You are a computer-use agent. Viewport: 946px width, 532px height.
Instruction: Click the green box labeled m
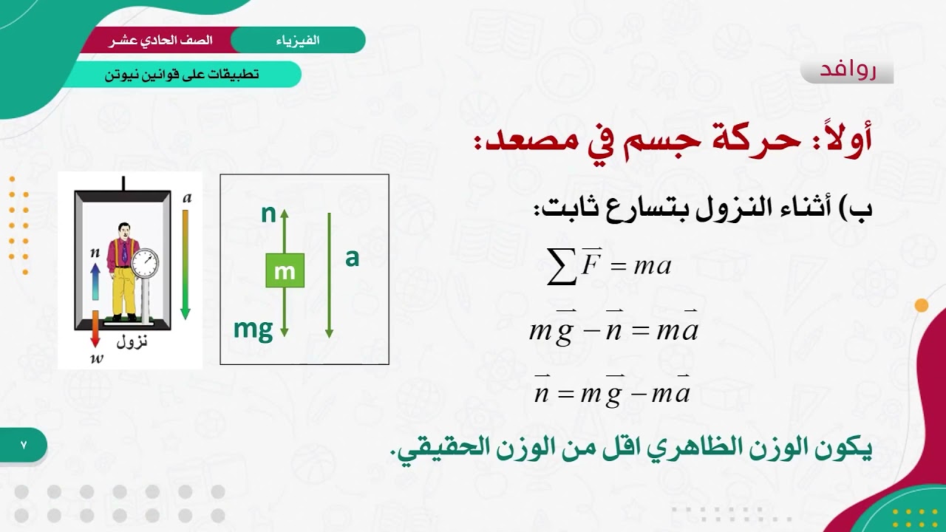tap(285, 270)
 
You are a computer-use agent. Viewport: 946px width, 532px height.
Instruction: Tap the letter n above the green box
tap(268, 214)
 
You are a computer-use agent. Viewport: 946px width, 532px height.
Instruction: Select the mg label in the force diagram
tap(253, 328)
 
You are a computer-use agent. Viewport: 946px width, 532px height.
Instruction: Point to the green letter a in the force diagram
tap(352, 258)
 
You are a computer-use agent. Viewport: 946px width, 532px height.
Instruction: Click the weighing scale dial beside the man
tap(145, 262)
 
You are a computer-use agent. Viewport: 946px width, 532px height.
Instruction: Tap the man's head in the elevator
tap(123, 231)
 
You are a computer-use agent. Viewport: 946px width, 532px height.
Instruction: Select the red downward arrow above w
tap(95, 328)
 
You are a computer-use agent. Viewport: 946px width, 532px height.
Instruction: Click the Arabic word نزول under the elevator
tap(132, 341)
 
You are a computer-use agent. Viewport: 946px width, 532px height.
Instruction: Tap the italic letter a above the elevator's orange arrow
tap(186, 197)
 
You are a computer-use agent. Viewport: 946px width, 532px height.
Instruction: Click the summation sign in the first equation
tap(562, 267)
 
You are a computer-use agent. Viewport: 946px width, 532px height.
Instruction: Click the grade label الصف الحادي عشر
tap(161, 40)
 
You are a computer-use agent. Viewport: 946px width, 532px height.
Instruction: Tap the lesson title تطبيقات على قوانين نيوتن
tap(182, 74)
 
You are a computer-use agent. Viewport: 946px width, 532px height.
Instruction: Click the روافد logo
tap(847, 69)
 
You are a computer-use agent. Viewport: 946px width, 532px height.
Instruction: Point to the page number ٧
tap(23, 446)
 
